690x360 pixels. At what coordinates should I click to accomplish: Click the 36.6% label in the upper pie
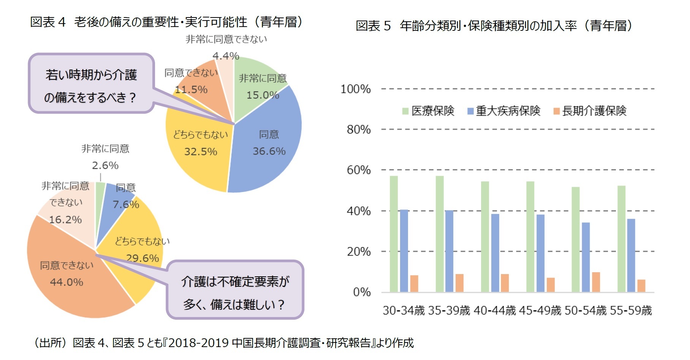(269, 151)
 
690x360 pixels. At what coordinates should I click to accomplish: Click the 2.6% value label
(105, 166)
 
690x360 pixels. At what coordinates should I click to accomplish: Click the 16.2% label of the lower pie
(65, 220)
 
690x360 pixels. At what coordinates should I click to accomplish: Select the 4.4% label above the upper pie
(226, 56)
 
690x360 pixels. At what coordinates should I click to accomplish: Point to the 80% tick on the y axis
(358, 130)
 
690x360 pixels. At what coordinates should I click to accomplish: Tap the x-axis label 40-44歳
(494, 311)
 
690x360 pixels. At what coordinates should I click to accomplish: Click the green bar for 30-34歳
(394, 234)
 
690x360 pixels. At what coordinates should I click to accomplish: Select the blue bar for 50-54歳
(586, 257)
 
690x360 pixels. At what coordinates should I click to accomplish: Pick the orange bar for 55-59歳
(641, 286)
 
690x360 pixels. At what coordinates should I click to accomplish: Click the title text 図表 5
(373, 26)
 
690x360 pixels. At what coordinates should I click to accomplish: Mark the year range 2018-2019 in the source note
(198, 343)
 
